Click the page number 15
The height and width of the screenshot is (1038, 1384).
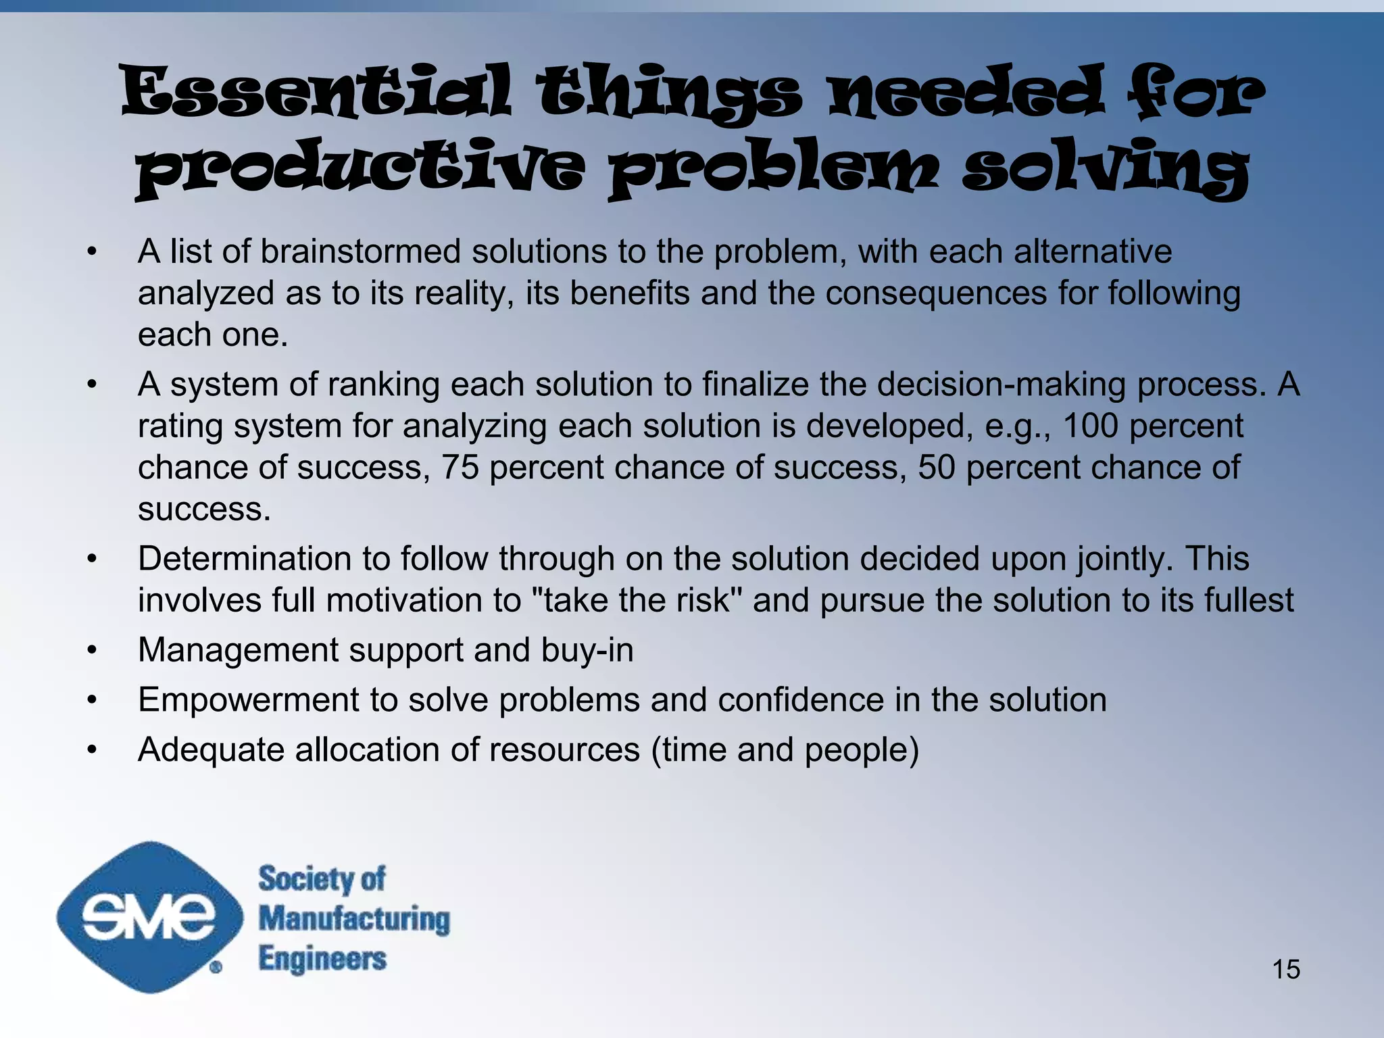[1286, 969]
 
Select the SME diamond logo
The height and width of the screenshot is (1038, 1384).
[149, 917]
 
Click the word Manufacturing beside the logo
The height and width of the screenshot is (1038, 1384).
[354, 920]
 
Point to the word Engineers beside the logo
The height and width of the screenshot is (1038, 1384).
[322, 959]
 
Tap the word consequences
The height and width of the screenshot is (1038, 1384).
[935, 294]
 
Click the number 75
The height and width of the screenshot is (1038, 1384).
[460, 468]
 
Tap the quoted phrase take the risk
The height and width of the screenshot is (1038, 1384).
[637, 601]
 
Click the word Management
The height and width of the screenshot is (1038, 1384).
[239, 651]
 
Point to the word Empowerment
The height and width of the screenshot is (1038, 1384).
[248, 700]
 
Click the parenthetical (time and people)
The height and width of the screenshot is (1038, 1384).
[785, 750]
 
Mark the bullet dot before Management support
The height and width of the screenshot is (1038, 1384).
[93, 651]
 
